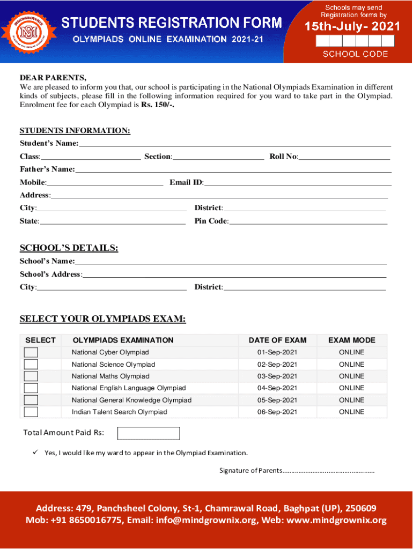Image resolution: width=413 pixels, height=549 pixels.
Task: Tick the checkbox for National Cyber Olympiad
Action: pyautogui.click(x=31, y=352)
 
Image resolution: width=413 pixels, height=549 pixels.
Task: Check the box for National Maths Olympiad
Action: pyautogui.click(x=31, y=376)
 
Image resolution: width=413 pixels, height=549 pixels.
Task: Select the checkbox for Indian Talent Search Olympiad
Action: pyautogui.click(x=31, y=412)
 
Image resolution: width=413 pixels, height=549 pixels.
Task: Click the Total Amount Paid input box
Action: pyautogui.click(x=149, y=433)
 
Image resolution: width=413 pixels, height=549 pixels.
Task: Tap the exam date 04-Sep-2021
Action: pyautogui.click(x=277, y=388)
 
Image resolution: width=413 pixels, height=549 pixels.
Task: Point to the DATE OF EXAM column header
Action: pyautogui.click(x=277, y=340)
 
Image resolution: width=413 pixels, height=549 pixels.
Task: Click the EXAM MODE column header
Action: pyautogui.click(x=351, y=340)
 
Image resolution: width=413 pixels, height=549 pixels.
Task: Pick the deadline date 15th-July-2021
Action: pyautogui.click(x=352, y=26)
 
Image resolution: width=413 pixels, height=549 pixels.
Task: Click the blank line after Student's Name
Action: pyautogui.click(x=235, y=144)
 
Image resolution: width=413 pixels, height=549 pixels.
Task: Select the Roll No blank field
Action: pyautogui.click(x=344, y=157)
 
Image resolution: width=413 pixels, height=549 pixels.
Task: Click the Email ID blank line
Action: pyautogui.click(x=298, y=183)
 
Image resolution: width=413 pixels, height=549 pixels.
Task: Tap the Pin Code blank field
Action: pyautogui.click(x=308, y=221)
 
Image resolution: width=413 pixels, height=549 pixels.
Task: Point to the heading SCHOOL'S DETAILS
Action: pyautogui.click(x=69, y=248)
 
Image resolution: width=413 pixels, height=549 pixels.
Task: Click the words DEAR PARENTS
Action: pyautogui.click(x=53, y=78)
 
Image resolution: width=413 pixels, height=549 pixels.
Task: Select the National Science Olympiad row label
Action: pyautogui.click(x=113, y=365)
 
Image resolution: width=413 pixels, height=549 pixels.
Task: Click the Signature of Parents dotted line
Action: pyautogui.click(x=328, y=471)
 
